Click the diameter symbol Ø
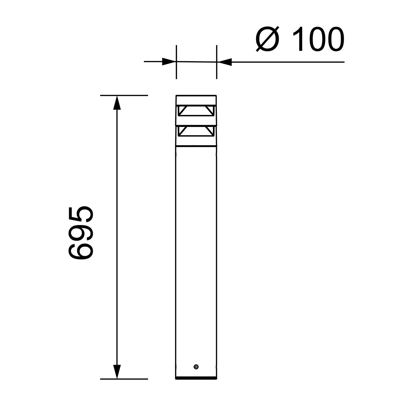pyautogui.click(x=267, y=39)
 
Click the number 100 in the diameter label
pyautogui.click(x=318, y=39)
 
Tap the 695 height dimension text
pyautogui.click(x=81, y=232)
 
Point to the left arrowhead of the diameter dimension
pyautogui.click(x=169, y=62)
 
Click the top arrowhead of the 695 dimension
pyautogui.click(x=117, y=103)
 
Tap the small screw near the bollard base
pyautogui.click(x=196, y=367)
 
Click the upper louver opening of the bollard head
pyautogui.click(x=196, y=111)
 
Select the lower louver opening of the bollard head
pyautogui.click(x=196, y=131)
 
